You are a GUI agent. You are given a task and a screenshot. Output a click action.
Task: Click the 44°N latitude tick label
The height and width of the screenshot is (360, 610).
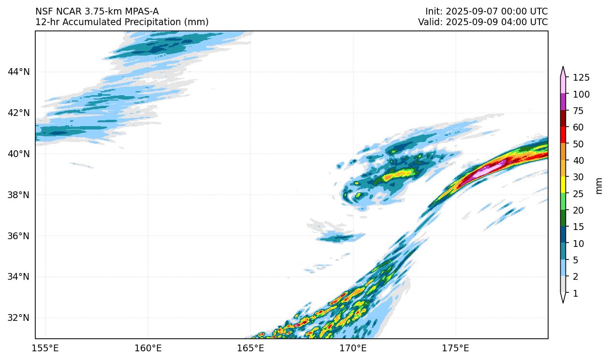coord(19,72)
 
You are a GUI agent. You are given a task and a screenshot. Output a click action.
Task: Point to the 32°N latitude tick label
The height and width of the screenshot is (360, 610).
coord(19,318)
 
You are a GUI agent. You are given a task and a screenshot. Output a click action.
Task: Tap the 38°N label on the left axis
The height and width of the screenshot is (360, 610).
coord(19,195)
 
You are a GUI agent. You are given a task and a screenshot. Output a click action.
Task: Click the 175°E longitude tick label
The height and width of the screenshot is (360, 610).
coord(455,348)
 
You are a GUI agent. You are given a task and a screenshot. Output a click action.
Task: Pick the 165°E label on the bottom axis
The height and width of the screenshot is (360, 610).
coord(250,348)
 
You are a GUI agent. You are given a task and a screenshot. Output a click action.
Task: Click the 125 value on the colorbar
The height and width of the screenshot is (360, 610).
coord(581,78)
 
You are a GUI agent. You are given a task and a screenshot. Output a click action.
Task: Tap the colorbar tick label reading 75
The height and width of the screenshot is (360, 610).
coord(579,111)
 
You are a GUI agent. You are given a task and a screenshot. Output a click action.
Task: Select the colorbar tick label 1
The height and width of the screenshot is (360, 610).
coord(575,294)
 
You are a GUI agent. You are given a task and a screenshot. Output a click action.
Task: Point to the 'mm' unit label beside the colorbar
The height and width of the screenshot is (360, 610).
coord(599,186)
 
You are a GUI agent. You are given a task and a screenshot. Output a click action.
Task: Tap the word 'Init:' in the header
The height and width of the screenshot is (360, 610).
coord(433,11)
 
